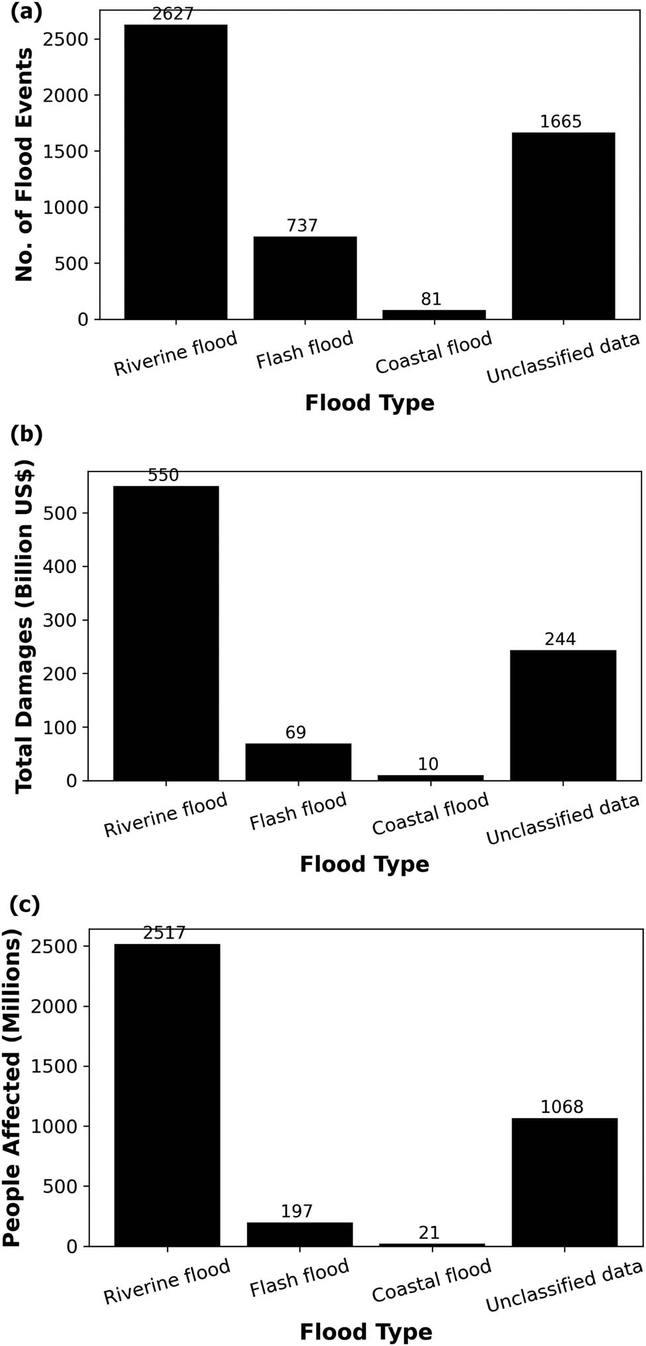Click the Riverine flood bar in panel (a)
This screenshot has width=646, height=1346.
(x=176, y=172)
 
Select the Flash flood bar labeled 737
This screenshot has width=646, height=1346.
(x=305, y=278)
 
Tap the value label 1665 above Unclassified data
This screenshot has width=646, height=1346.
(x=561, y=122)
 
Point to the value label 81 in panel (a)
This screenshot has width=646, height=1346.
(x=431, y=299)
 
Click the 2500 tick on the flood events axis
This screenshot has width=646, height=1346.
(x=64, y=40)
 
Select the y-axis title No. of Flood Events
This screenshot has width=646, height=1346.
(x=25, y=164)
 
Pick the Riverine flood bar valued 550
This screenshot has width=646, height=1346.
(x=166, y=633)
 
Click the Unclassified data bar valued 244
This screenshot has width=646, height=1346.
(x=563, y=715)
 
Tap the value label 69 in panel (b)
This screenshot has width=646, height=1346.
(x=296, y=733)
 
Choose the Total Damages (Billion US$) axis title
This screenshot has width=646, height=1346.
(x=25, y=625)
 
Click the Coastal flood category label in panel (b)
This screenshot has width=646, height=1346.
(x=431, y=815)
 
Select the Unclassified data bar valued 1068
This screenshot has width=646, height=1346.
(x=565, y=1182)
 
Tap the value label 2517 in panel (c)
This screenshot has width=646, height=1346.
(x=164, y=933)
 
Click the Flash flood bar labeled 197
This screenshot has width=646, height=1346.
(x=299, y=1234)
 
